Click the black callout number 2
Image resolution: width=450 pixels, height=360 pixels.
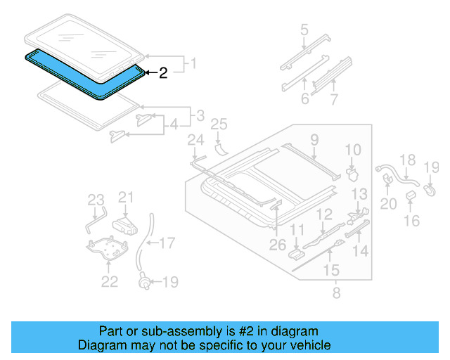point(162,72)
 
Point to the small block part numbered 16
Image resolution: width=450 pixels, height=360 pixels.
point(411,203)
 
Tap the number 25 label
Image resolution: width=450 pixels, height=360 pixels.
point(219,124)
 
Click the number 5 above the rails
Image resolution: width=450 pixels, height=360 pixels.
point(304,30)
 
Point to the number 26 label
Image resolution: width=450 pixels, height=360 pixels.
point(278,245)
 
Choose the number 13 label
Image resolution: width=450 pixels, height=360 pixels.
point(359,193)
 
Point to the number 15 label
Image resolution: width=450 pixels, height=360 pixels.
point(330,269)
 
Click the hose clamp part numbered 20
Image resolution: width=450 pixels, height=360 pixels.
point(387,180)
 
